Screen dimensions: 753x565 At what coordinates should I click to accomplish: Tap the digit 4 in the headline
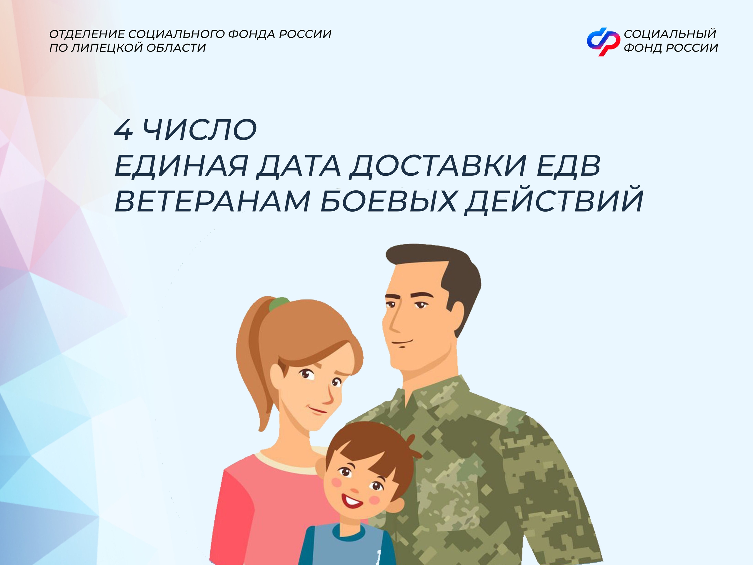click(x=123, y=130)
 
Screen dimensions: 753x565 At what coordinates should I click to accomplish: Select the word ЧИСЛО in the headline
click(x=199, y=130)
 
